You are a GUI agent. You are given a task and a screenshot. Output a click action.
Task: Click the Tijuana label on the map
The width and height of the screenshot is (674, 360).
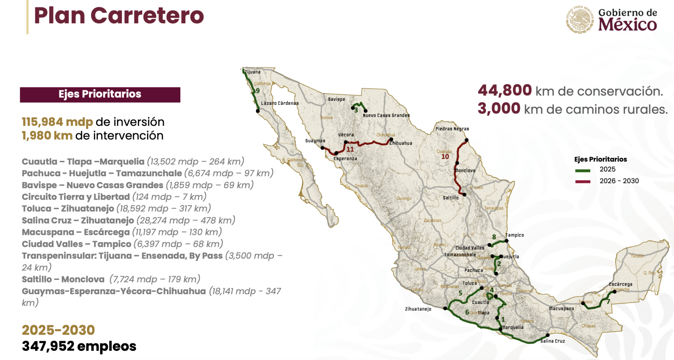[x=252, y=72]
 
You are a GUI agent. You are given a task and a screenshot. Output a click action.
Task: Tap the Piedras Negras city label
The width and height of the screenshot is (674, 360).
[x=452, y=129]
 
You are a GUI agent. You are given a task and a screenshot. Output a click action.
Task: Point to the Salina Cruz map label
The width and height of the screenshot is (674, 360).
[x=552, y=341]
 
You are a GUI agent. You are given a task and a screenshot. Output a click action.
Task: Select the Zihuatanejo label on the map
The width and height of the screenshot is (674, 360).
[x=418, y=309]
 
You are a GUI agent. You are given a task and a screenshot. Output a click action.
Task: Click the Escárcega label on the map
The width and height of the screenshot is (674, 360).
[x=620, y=285]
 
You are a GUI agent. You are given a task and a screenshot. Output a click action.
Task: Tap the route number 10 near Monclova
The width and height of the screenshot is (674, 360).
[x=445, y=157]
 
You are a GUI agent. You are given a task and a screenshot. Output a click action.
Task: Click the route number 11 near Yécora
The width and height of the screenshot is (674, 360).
[x=350, y=150]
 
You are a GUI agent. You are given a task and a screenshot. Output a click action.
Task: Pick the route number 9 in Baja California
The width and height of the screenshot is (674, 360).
[x=258, y=91]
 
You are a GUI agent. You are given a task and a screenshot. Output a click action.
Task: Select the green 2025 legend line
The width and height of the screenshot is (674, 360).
[x=582, y=170]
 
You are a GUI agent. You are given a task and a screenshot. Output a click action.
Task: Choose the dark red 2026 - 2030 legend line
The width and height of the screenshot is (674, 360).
[x=582, y=182]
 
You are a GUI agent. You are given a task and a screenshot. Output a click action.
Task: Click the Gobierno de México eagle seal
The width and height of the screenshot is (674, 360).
[x=580, y=20]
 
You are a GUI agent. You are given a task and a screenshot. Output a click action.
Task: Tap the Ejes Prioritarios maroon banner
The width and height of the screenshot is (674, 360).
[x=100, y=94]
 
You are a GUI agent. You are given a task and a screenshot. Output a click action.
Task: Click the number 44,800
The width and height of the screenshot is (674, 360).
[x=505, y=90]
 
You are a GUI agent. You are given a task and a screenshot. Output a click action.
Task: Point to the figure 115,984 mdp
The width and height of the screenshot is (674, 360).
[x=57, y=122]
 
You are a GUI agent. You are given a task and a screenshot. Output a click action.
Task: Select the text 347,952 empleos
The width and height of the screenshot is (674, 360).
[x=79, y=346]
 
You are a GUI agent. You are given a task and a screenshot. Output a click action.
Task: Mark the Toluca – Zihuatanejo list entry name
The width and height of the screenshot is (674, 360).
[x=68, y=209]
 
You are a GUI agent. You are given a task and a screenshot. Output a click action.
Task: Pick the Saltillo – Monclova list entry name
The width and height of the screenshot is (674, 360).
[x=63, y=279]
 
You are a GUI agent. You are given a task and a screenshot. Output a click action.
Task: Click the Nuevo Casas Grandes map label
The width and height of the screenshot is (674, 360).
[x=386, y=116]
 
